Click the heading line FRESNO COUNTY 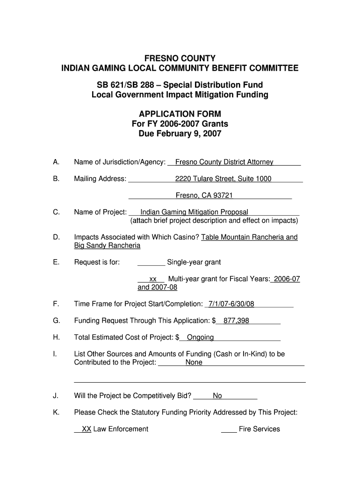pyautogui.click(x=180, y=58)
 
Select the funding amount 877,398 pyautogui.click(x=236, y=321)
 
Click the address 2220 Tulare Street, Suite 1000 pyautogui.click(x=223, y=179)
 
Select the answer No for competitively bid pyautogui.click(x=217, y=396)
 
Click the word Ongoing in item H pyautogui.click(x=200, y=337)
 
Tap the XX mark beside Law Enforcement pyautogui.click(x=86, y=429)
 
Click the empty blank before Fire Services pyautogui.click(x=229, y=429)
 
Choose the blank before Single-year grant pyautogui.click(x=151, y=262)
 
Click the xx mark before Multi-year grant pyautogui.click(x=152, y=279)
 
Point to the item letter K pyautogui.click(x=56, y=413)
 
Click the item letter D pyautogui.click(x=57, y=237)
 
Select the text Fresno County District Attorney pyautogui.click(x=224, y=162)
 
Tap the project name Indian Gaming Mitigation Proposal pyautogui.click(x=194, y=212)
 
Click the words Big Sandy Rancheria pyautogui.click(x=107, y=246)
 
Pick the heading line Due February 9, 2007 pyautogui.click(x=180, y=134)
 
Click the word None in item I pyautogui.click(x=194, y=363)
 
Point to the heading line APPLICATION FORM pyautogui.click(x=180, y=114)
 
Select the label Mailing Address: pyautogui.click(x=100, y=179)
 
